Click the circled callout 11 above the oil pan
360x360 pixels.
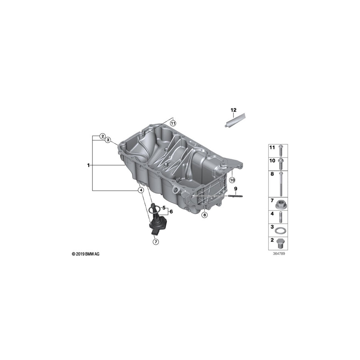pos(173,123)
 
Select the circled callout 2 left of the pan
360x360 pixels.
pos(102,136)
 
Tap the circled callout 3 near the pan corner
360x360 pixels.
pos(108,140)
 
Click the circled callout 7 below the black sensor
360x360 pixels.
pos(156,242)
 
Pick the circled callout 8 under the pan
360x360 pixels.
pos(205,215)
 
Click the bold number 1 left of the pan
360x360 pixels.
pos(88,165)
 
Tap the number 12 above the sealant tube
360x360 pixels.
pos(233,110)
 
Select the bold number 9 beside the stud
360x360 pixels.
pos(236,188)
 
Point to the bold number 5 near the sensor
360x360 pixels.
pos(164,208)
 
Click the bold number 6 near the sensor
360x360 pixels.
pos(171,211)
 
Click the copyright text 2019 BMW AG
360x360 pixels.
pos(86,254)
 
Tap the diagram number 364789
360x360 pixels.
pos(279,254)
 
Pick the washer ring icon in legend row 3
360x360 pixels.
pos(282,230)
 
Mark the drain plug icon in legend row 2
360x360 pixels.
pos(282,243)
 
